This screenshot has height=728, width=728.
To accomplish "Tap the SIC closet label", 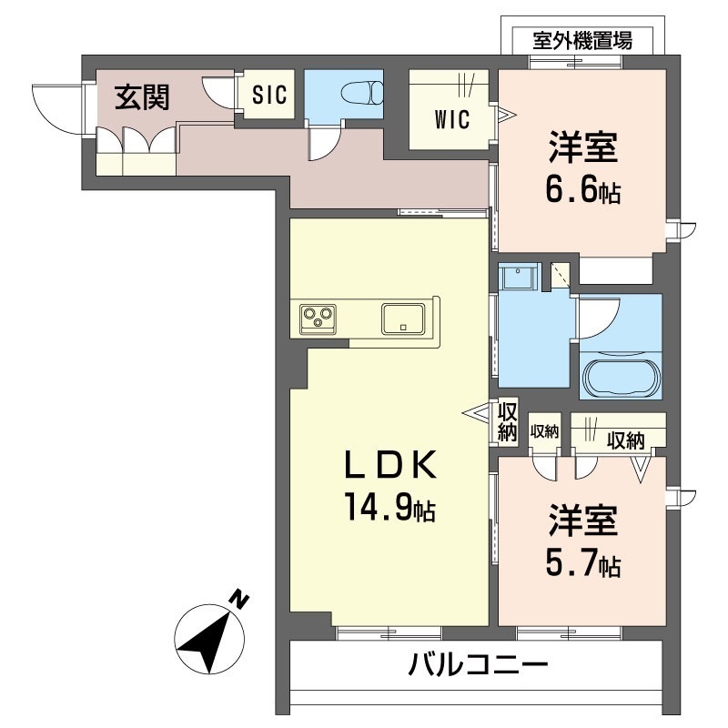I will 268,94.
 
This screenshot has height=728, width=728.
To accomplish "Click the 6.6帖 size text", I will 582,193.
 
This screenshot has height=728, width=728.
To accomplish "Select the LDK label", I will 389,465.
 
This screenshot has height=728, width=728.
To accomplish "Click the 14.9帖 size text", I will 389,508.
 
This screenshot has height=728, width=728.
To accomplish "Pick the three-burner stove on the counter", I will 318,318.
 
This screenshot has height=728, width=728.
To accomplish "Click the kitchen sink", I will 402,318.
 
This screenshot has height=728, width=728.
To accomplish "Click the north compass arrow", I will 207,635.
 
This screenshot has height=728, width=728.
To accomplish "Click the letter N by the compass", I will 238,599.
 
